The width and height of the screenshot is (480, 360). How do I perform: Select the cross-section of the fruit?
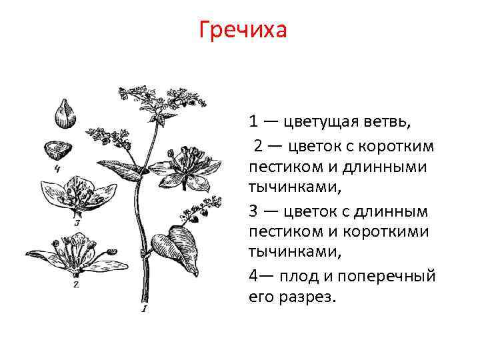(58, 149)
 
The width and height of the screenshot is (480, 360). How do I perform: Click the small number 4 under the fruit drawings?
(58, 169)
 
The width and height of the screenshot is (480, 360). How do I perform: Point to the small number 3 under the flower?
(77, 223)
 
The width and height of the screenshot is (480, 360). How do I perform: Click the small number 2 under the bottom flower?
(75, 285)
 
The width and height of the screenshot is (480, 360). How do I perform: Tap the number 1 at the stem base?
(144, 309)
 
